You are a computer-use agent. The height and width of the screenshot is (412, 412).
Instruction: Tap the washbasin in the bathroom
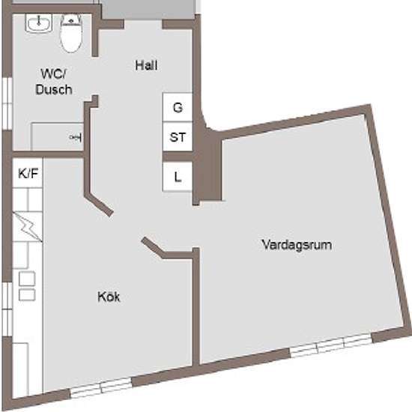pos(37,25)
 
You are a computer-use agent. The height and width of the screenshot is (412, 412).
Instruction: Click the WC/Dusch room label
pos(53,82)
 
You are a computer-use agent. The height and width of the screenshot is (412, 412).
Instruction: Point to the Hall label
pos(147,65)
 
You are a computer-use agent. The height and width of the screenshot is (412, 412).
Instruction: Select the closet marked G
pos(178,107)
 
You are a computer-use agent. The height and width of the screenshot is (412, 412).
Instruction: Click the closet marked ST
pos(178,137)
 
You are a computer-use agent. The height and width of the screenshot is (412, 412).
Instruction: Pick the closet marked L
pos(178,177)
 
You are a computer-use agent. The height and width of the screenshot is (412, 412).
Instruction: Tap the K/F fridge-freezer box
pos(28,174)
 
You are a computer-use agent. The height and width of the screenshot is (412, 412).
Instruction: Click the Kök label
pos(109,297)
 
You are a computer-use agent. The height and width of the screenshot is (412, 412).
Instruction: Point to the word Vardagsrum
pos(297,245)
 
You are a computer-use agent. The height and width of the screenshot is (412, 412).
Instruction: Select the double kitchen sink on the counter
pos(27,286)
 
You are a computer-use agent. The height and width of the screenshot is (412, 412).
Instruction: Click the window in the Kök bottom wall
pos(101,387)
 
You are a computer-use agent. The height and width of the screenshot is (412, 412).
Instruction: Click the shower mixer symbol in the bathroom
pos(75,137)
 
